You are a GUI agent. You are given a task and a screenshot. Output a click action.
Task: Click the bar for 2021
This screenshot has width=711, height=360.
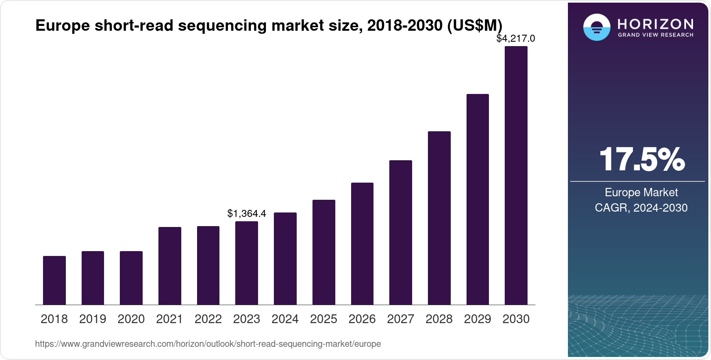pos(170,266)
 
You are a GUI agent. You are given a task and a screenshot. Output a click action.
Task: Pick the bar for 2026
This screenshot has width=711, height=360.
pos(362,244)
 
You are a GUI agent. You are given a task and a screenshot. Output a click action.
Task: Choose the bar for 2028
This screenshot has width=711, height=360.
pos(439,218)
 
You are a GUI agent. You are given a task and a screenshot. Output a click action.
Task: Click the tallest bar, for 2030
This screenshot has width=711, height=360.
pos(516,176)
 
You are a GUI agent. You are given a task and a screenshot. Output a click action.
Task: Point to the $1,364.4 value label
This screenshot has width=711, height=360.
pos(247,214)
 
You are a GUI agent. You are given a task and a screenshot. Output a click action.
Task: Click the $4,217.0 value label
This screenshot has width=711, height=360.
pos(516,39)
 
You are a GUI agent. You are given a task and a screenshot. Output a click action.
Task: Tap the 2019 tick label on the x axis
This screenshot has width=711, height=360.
pos(93,319)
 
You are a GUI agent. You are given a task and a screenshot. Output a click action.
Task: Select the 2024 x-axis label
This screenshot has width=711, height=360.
pos(285,319)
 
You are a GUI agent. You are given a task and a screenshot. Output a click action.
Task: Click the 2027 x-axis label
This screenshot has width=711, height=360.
pos(401,319)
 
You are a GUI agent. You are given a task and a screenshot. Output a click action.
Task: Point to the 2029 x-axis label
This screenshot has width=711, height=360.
pos(478,319)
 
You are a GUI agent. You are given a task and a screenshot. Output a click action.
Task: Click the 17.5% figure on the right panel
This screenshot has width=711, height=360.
pos(642,159)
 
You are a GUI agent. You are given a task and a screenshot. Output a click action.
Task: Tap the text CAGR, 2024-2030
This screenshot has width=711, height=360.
pos(641,208)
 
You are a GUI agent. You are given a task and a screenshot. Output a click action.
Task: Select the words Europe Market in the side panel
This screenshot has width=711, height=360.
pos(641,192)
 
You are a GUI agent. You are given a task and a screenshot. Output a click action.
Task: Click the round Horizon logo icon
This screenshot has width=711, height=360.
pos(596,28)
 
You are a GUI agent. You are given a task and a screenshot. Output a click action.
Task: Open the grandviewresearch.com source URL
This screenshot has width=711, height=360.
pos(208,344)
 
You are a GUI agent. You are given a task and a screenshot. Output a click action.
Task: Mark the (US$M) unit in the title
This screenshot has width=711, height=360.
pos(474,25)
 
